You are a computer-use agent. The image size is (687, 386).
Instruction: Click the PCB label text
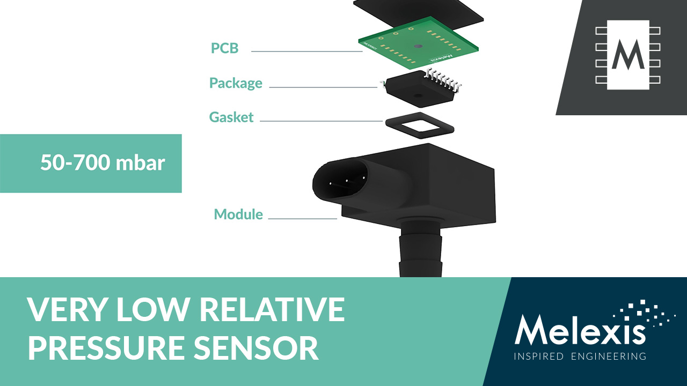pos(224,48)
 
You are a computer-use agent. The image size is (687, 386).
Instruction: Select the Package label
pos(236,84)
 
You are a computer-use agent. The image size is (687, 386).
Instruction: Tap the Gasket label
pos(231,117)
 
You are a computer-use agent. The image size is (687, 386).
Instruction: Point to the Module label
pos(238,214)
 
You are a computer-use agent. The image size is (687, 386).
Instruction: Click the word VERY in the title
pos(64,310)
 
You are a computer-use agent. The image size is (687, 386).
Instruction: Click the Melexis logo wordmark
pos(580,330)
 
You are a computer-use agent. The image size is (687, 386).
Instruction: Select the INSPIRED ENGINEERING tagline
pos(580,357)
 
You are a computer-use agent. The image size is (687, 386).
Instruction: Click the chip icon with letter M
pos(628,54)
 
